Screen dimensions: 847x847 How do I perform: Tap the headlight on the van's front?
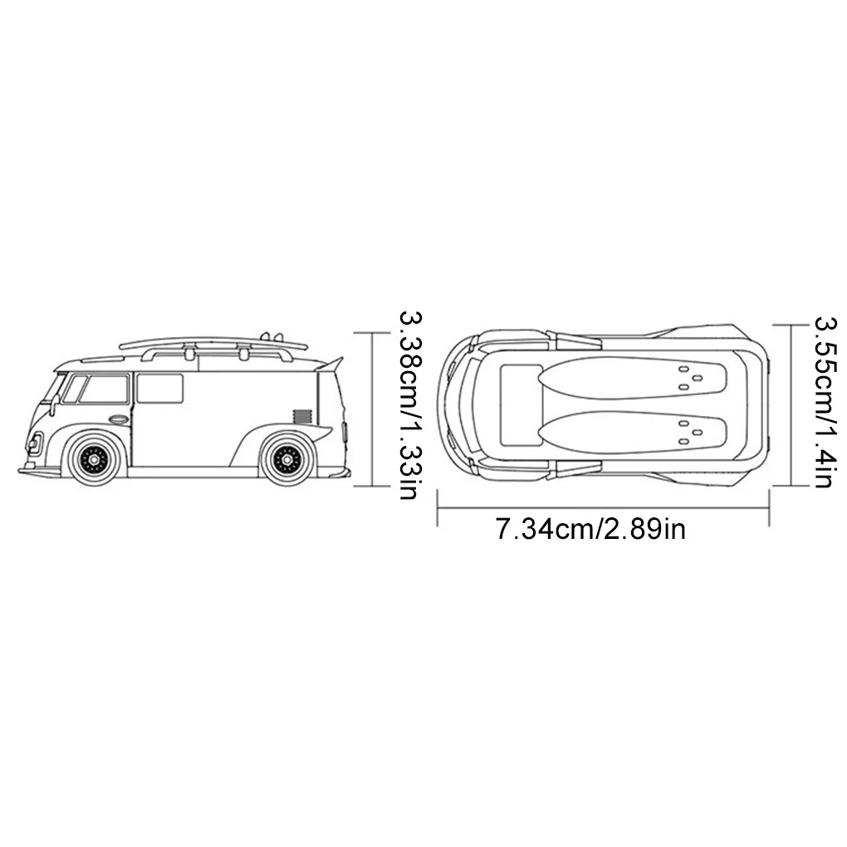coord(36,442)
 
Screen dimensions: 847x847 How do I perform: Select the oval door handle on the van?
coord(119,419)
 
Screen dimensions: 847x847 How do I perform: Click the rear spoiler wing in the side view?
coord(330,363)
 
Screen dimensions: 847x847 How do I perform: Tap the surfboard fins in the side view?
coord(267,336)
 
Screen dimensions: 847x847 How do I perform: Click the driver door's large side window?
coord(103,389)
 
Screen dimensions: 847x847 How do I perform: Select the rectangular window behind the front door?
coord(159,389)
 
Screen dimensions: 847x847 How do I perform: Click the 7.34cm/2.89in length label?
coord(590,529)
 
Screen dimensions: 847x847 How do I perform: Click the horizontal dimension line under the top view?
coord(604,507)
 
